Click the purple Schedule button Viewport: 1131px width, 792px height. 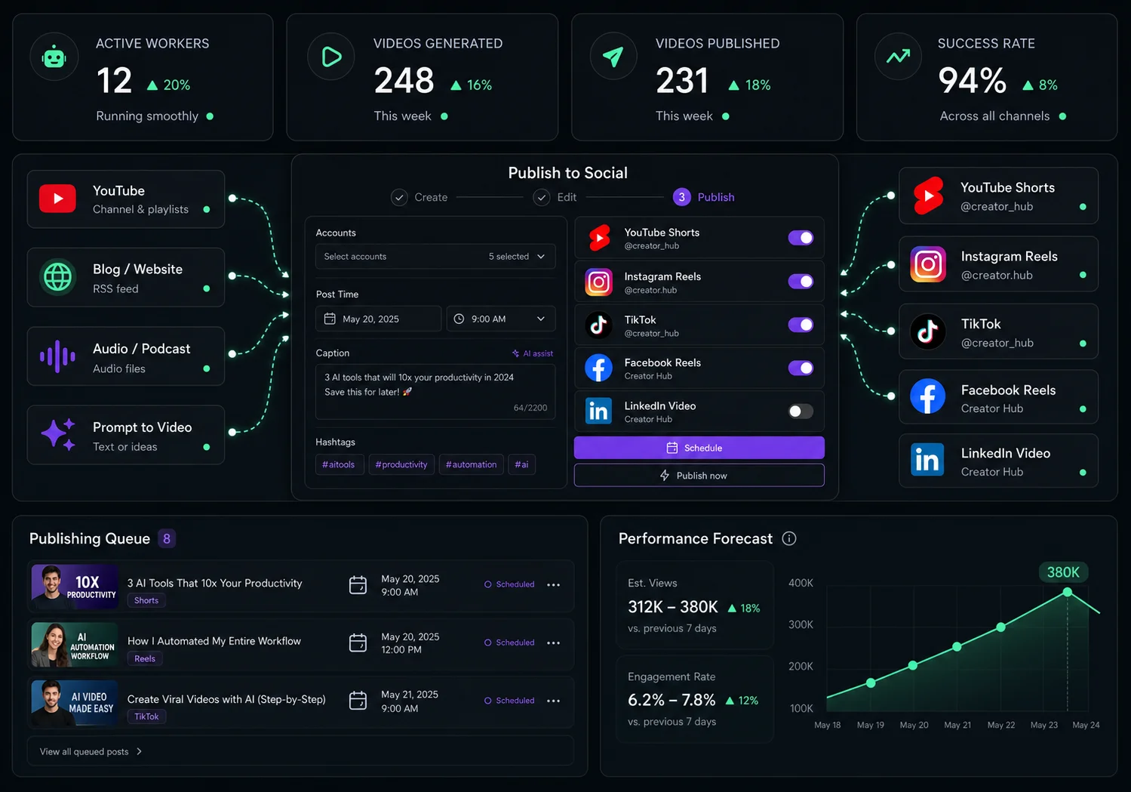tap(699, 448)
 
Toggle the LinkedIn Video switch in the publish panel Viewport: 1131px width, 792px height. tap(801, 411)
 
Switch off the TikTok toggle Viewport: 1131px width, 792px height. tap(801, 325)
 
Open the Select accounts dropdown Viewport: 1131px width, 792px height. tap(435, 257)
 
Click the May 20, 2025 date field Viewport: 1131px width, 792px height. tap(378, 319)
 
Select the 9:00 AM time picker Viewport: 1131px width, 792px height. tap(501, 319)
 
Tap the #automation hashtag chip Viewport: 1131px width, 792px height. tap(471, 464)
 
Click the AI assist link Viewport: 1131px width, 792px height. tap(533, 353)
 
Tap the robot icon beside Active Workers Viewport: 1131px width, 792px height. tap(54, 57)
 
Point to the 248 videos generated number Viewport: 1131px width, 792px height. tap(404, 81)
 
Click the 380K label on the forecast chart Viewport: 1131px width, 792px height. tap(1063, 572)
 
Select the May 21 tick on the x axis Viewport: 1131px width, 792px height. tap(957, 726)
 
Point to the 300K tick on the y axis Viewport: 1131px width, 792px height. tap(801, 625)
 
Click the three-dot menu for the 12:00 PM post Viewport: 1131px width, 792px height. tap(553, 643)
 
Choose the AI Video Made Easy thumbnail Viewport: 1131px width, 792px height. tap(74, 703)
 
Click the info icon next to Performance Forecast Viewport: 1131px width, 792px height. tap(789, 538)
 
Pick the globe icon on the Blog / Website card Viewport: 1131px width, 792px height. tap(57, 277)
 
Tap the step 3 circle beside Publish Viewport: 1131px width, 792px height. tap(681, 197)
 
